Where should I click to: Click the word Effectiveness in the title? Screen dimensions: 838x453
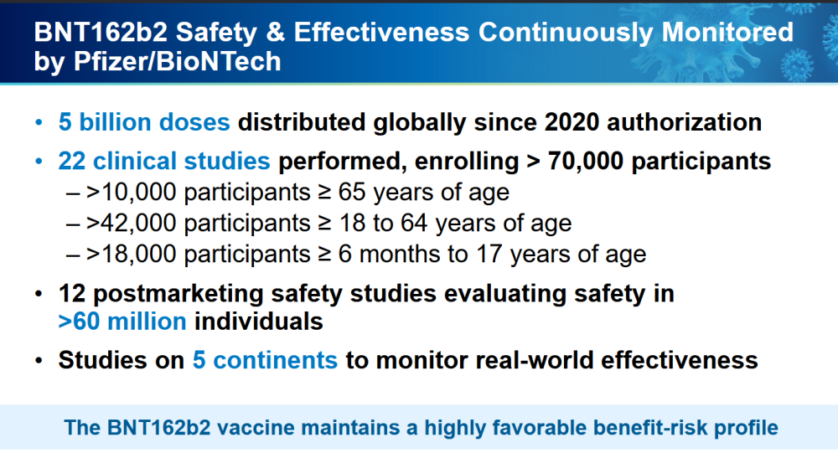(x=381, y=32)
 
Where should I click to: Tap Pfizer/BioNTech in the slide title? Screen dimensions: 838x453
(x=178, y=61)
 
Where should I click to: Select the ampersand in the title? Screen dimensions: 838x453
(x=275, y=32)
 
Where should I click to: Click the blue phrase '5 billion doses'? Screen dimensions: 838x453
(x=144, y=122)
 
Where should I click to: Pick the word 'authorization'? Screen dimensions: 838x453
(x=684, y=122)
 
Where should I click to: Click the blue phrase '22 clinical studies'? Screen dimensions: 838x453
(x=164, y=161)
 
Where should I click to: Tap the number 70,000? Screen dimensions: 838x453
(x=585, y=161)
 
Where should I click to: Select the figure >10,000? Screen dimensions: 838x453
(x=131, y=193)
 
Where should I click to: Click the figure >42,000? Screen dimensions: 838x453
(x=131, y=224)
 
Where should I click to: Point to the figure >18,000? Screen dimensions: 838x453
(x=131, y=255)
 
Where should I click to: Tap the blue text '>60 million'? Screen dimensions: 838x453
(x=122, y=322)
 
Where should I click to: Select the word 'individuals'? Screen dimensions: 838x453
(x=259, y=322)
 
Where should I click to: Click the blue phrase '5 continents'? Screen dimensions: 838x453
(x=265, y=360)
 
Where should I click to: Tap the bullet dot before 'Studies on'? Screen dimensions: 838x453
(x=39, y=361)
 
